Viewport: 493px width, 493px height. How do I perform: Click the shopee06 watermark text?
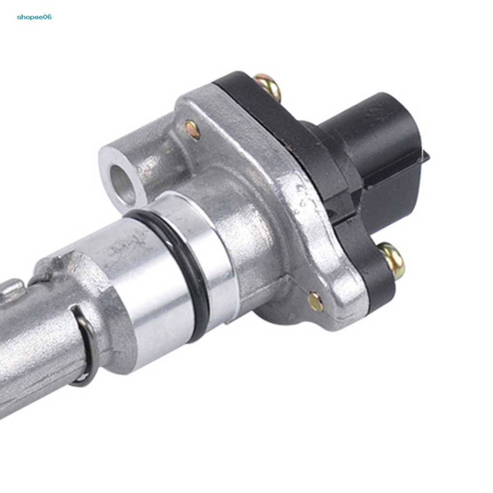(x=34, y=17)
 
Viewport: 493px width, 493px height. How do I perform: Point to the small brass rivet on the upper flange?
(x=193, y=129)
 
